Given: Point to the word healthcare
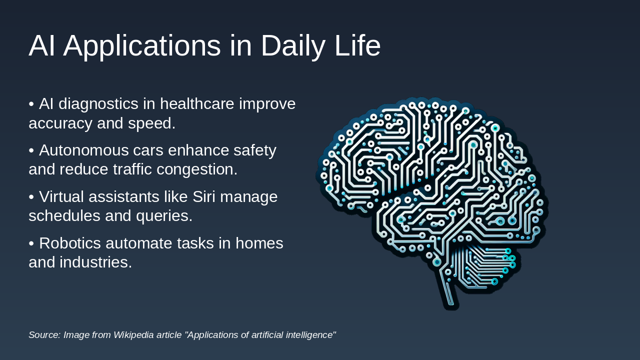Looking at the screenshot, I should pos(197,104).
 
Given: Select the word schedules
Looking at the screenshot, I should pos(64,216).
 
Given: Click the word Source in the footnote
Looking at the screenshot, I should pos(44,335).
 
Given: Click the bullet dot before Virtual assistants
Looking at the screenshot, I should pos(31,197).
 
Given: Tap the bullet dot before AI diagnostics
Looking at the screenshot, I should pos(31,104).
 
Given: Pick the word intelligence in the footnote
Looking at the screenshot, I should pos(310,335).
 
